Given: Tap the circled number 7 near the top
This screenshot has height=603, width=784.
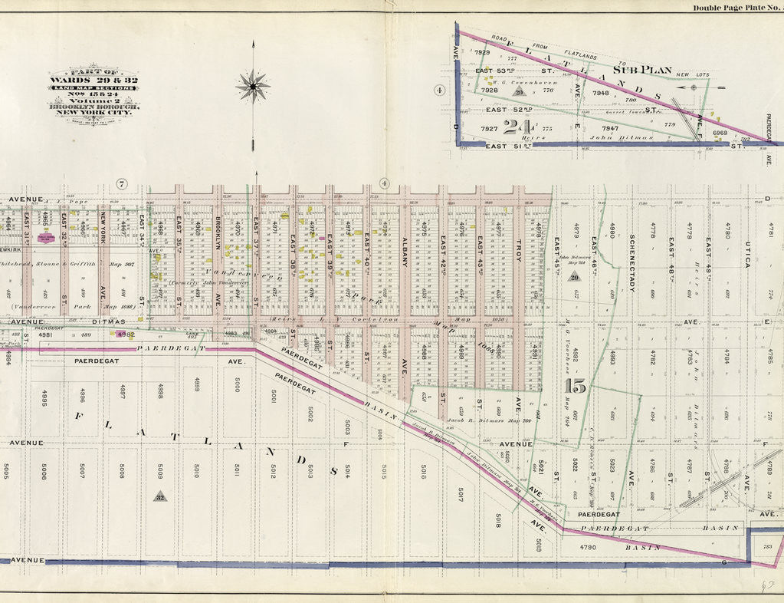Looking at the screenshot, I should coord(121,183).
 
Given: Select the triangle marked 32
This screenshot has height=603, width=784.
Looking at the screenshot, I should coord(160,496).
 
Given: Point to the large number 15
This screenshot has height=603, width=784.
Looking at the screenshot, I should coord(575,386).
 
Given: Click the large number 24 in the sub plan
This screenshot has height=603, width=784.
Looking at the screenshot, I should coord(520,127).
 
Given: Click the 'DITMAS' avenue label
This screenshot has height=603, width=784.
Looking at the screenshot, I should coord(87,322).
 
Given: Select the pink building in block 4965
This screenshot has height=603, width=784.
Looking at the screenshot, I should coord(46,239).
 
